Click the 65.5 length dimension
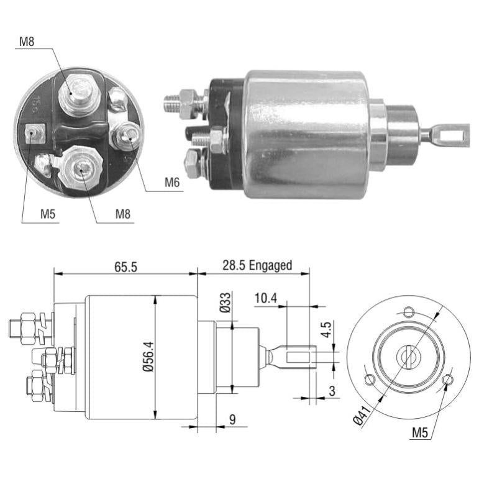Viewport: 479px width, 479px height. pyautogui.click(x=126, y=267)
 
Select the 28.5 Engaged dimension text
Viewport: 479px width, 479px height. pyautogui.click(x=257, y=265)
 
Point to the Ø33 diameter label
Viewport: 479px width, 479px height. pyautogui.click(x=226, y=303)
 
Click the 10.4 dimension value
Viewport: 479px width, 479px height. pyautogui.click(x=266, y=298)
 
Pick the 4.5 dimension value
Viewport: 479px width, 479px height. pyautogui.click(x=326, y=329)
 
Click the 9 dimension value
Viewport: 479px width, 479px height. pyautogui.click(x=232, y=420)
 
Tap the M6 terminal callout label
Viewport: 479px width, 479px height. pyautogui.click(x=172, y=183)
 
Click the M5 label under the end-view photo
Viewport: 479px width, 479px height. pyautogui.click(x=48, y=214)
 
